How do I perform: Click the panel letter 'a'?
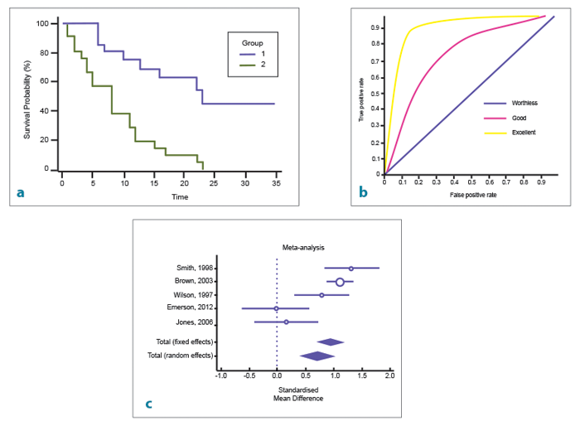pyautogui.click(x=20, y=194)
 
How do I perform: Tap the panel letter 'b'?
pyautogui.click(x=363, y=193)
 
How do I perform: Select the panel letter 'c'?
pyautogui.click(x=148, y=404)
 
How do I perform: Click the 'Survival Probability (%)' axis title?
pyautogui.click(x=27, y=98)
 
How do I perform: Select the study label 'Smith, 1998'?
pyautogui.click(x=194, y=268)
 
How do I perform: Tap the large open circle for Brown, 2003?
pyautogui.click(x=340, y=282)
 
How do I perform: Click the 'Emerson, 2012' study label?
pyautogui.click(x=191, y=308)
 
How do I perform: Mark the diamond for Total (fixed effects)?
pyautogui.click(x=330, y=341)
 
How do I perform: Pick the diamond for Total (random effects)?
pyautogui.click(x=317, y=356)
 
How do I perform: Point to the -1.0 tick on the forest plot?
pyautogui.click(x=221, y=376)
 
